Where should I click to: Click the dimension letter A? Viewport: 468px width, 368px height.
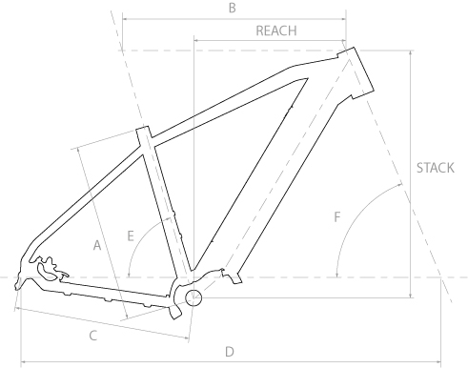coord(97,245)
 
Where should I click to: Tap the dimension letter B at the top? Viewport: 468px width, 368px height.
coord(233,8)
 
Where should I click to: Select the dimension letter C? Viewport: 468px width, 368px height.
coord(92,336)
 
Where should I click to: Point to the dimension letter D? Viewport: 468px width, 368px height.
coord(230,352)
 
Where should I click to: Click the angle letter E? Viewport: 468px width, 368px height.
coord(131,236)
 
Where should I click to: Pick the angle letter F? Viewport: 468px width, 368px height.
coord(337,217)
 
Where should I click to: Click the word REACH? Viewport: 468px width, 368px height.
coord(276,31)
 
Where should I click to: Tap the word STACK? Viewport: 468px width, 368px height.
coord(436,168)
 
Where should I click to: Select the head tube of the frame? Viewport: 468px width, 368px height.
coord(356,72)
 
